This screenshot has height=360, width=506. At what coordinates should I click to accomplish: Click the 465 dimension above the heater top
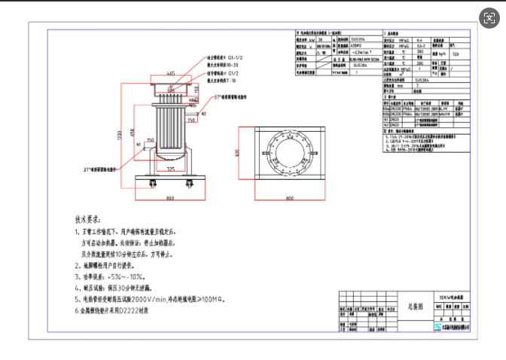(171, 74)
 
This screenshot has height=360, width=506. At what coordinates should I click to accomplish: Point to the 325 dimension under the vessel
(172, 169)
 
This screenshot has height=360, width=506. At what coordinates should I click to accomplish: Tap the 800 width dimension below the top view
(289, 197)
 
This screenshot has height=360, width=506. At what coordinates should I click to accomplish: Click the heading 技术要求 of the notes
(88, 221)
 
